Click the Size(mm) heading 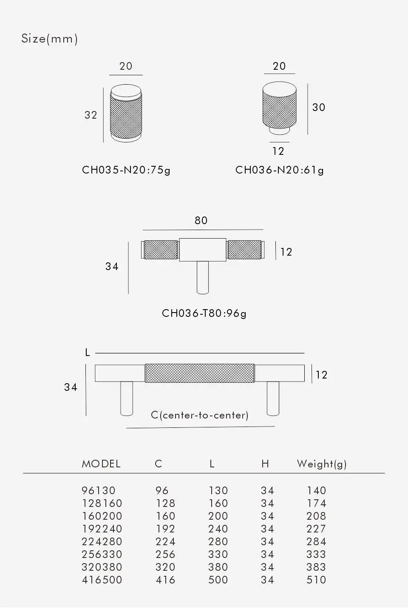coord(49,39)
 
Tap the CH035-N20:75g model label coord(126,170)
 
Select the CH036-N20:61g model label coord(279,170)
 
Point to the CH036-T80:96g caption coord(204,313)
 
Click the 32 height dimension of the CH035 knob coord(91,115)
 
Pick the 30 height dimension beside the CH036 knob coord(318,107)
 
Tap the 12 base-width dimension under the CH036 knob coord(278,151)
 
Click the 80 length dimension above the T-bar coord(201,220)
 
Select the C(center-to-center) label coord(199,415)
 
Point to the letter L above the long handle coord(88,352)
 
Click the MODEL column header coord(101,464)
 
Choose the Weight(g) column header coord(321,464)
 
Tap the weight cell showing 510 coord(316,580)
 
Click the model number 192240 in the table coord(102,529)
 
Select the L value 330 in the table coord(218,554)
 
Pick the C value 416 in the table coord(165,580)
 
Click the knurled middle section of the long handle coord(199,373)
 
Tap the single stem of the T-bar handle coord(203,277)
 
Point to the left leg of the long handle coord(127,398)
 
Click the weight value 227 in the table coord(316,529)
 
